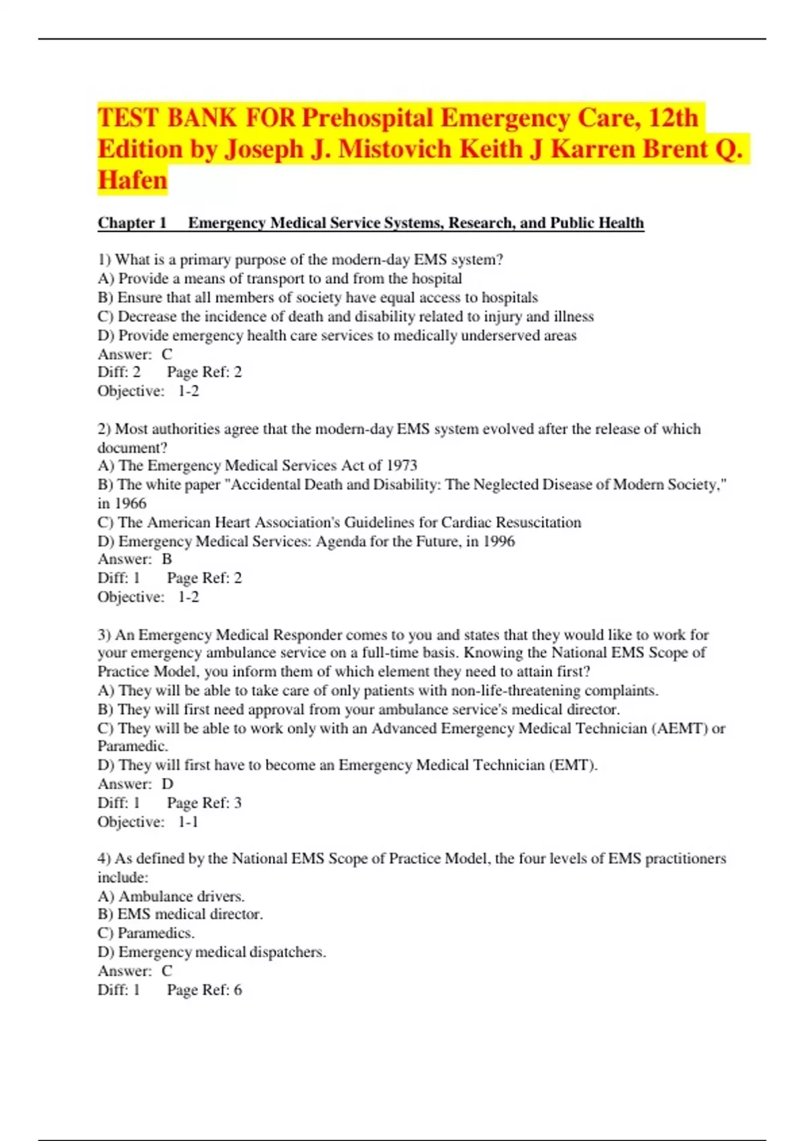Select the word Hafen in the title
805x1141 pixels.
coord(132,180)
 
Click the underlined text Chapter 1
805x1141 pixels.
coord(132,223)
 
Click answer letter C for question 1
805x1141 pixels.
coord(167,354)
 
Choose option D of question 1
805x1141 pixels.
coord(337,336)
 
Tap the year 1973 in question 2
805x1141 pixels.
coord(402,466)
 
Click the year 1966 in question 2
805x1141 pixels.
coord(130,503)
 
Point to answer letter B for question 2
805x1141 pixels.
coord(167,559)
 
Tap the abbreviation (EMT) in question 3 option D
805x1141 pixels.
coord(572,765)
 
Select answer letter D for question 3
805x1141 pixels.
coord(168,784)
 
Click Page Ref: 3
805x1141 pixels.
coord(204,803)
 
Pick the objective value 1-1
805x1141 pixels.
coord(189,822)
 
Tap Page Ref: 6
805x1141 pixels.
coord(204,990)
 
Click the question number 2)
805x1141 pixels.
coord(104,429)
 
